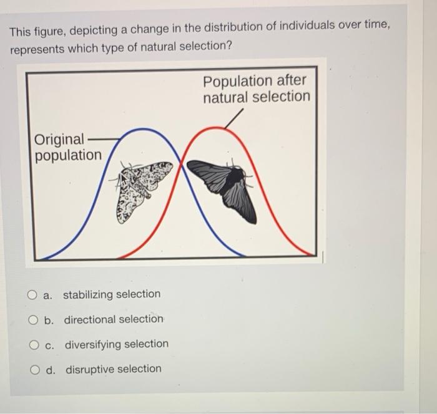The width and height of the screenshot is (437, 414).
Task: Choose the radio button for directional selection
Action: (32, 320)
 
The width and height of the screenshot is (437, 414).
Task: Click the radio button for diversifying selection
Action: (32, 344)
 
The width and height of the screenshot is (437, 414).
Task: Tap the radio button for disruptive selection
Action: (32, 369)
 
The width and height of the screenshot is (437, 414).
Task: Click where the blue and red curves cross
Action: (180, 164)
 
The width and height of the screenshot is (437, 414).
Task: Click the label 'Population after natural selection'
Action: (255, 89)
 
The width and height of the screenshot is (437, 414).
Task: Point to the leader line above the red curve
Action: (234, 118)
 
